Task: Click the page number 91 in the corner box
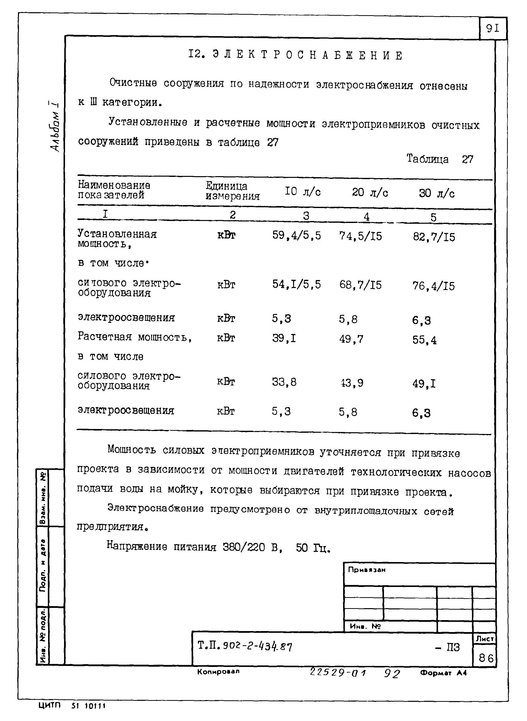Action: click(x=493, y=29)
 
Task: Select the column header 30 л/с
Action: click(x=436, y=193)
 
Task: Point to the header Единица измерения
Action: click(x=232, y=191)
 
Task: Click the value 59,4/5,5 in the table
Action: click(x=296, y=235)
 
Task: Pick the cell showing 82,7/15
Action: click(x=434, y=237)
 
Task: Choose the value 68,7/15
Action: click(x=360, y=285)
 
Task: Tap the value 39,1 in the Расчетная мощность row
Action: click(x=284, y=338)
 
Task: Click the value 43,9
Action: click(x=352, y=383)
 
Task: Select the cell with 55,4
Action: click(x=424, y=340)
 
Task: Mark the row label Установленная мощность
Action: click(x=117, y=239)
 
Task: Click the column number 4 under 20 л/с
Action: click(x=367, y=217)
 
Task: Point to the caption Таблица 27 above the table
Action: click(x=440, y=159)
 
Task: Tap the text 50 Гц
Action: click(x=313, y=548)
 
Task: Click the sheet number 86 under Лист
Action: click(x=486, y=658)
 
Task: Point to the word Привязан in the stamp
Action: click(x=367, y=570)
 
